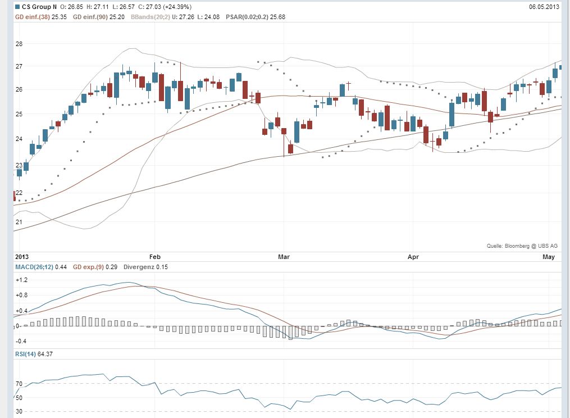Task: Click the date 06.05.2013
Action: (544, 7)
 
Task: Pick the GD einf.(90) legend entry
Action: (93, 17)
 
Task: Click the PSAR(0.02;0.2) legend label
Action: (247, 17)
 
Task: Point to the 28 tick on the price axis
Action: (19, 44)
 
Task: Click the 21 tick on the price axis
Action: (19, 222)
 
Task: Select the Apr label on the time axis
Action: (413, 257)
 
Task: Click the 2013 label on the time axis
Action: (21, 257)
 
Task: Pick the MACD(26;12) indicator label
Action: (35, 267)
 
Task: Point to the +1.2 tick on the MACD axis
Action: (21, 279)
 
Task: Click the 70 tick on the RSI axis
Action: (19, 384)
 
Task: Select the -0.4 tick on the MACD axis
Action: (21, 341)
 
